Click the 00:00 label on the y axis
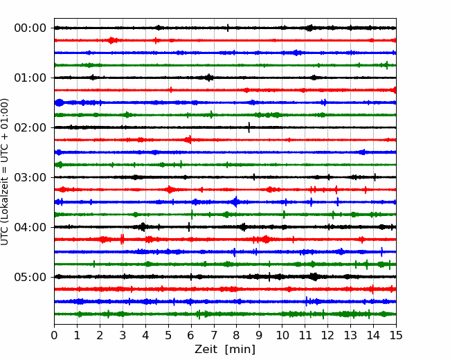pos(30,28)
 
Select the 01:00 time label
pos(30,78)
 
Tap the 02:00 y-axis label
pos(30,127)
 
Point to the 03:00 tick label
pos(30,177)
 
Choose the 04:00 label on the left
pos(30,227)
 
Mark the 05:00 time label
pos(30,277)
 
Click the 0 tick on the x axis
pos(54,335)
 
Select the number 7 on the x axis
pos(214,335)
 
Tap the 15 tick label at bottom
pos(396,335)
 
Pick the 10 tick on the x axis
pos(282,335)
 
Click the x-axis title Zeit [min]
pos(225,350)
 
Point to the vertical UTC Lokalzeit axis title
pos(4,172)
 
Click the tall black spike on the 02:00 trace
pos(249,127)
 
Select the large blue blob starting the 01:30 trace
pos(60,102)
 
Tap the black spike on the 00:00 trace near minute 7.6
pos(228,28)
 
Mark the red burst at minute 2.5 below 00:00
pos(111,40)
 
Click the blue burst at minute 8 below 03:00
pos(235,202)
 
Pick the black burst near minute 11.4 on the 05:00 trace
pos(314,277)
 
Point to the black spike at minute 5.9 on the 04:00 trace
pos(189,227)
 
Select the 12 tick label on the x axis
pos(327,335)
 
